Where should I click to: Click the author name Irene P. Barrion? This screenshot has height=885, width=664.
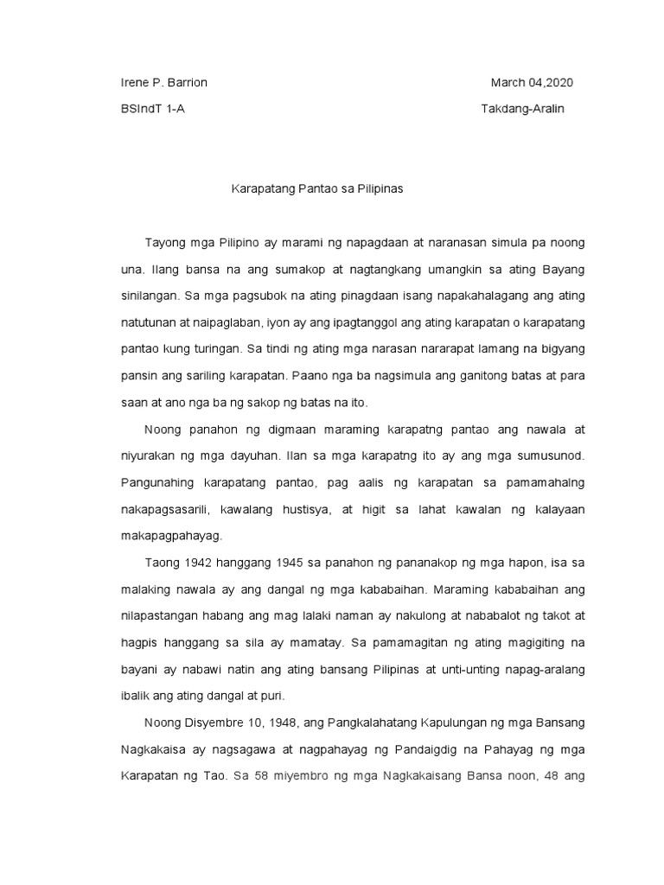pyautogui.click(x=163, y=82)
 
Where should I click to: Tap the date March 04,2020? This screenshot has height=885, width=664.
pyautogui.click(x=532, y=82)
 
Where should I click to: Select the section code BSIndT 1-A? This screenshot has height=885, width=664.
pyautogui.click(x=152, y=111)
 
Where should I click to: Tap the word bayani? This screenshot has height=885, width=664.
pyautogui.click(x=137, y=670)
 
